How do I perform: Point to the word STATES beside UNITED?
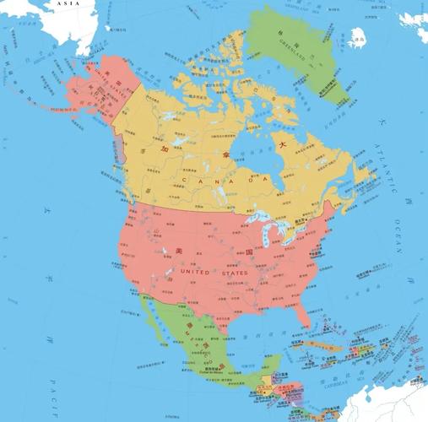click(x=236, y=273)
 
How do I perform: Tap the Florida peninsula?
click(x=305, y=331)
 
